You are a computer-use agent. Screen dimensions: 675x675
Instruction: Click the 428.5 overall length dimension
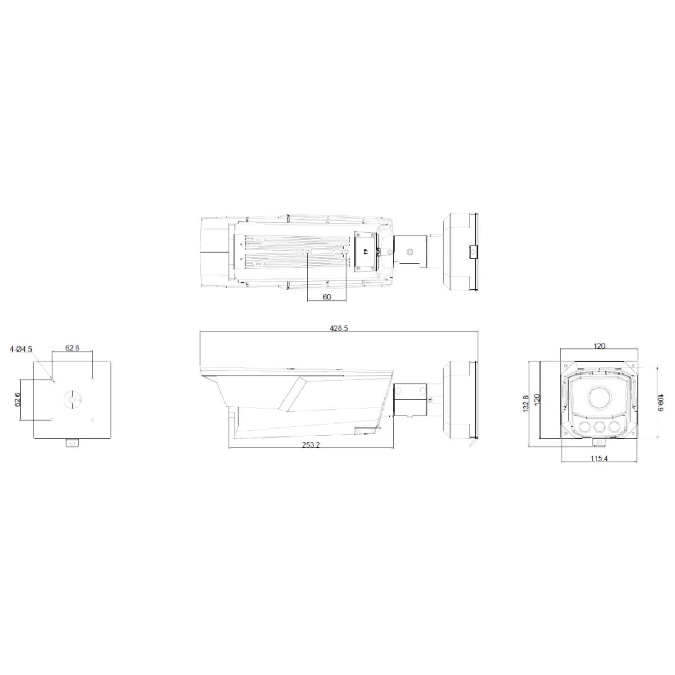[x=339, y=328]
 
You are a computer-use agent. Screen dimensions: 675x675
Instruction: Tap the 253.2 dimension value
[x=310, y=444]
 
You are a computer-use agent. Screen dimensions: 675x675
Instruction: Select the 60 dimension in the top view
[x=327, y=296]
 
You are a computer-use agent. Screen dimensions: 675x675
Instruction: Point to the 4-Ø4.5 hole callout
[x=21, y=349]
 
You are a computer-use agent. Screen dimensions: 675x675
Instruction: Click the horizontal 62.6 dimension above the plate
[x=73, y=348]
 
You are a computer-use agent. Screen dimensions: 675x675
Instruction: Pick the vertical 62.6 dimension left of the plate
[x=17, y=399]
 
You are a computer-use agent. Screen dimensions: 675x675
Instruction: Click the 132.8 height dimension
[x=525, y=403]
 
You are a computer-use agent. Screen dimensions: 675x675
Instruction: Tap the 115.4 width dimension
[x=599, y=458]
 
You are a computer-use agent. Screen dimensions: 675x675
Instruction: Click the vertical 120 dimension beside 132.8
[x=537, y=400]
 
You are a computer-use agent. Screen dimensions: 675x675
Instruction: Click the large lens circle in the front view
[x=600, y=398]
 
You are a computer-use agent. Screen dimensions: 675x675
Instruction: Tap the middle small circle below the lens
[x=599, y=427]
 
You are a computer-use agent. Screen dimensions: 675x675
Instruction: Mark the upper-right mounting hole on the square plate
[x=92, y=379]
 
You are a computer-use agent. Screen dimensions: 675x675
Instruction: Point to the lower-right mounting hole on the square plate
[x=92, y=419]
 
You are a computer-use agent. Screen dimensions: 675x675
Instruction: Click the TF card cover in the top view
[x=365, y=251]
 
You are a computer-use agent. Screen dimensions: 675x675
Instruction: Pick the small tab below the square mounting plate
[x=73, y=443]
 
